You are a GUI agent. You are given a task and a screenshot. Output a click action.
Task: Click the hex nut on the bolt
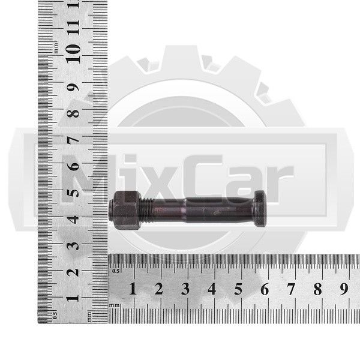coord(125,210)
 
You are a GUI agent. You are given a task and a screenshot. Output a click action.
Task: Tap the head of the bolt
coord(260,208)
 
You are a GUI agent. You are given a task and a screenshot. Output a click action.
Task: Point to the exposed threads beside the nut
coord(146,210)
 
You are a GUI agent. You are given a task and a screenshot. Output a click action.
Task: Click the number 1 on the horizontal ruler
coord(133,289)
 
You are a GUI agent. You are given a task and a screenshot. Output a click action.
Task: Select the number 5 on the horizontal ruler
coord(238,289)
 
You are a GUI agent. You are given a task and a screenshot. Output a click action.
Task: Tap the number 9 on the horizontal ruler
coord(344,289)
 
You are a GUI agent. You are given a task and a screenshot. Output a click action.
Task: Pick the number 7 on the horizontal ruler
coord(291,289)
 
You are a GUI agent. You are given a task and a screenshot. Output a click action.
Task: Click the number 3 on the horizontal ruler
coord(185,289)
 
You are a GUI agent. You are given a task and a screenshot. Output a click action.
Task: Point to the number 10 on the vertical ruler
coord(73,54)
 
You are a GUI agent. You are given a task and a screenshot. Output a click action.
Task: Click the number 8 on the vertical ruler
coord(73,113)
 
